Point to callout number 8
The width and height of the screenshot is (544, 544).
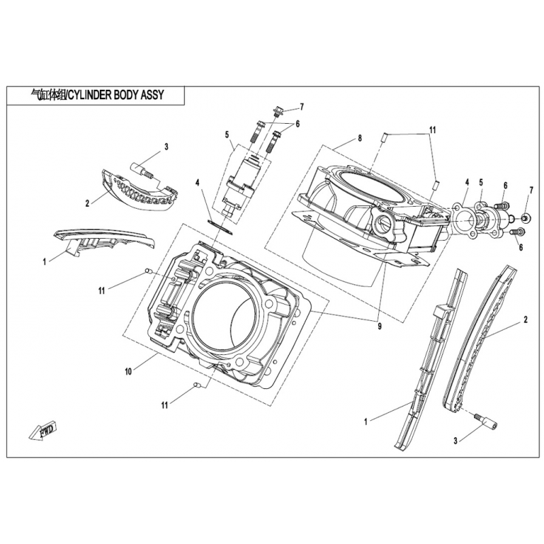tap(360, 138)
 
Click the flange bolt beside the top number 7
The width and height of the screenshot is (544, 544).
tap(279, 111)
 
